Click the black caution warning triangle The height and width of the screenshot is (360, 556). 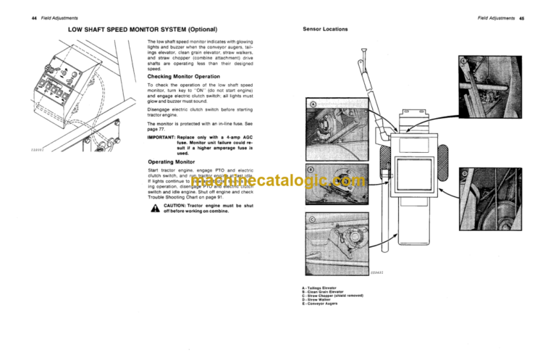click(152, 208)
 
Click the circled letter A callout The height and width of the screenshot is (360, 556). click(313, 106)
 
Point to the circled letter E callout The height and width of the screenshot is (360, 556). click(463, 62)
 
